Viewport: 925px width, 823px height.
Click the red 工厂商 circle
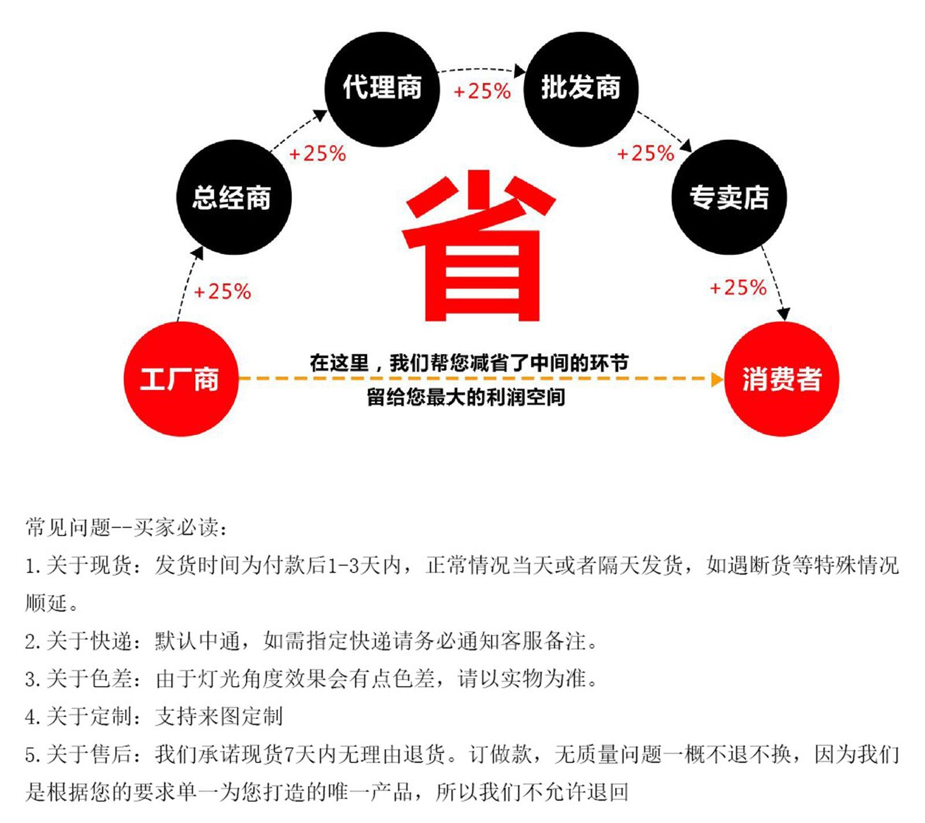coord(181,379)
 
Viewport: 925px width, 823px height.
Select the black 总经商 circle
coord(234,197)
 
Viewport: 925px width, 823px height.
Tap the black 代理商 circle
coord(382,88)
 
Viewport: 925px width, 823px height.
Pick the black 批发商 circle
coord(580,88)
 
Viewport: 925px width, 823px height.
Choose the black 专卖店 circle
coord(729,197)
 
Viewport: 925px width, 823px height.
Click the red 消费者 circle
coord(781,379)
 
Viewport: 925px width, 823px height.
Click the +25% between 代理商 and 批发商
coord(482,91)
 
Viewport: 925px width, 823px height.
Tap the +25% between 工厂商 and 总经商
coord(223,291)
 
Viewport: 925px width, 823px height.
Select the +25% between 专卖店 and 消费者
coord(738,287)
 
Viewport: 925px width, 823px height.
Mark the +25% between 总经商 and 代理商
coord(317,153)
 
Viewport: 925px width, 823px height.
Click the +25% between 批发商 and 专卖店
coord(646,153)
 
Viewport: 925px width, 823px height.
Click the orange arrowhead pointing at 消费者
coord(717,379)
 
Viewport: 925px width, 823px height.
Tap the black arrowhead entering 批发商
coord(520,71)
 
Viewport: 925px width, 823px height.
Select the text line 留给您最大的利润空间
coord(466,398)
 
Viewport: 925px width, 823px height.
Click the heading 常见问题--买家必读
coord(127,527)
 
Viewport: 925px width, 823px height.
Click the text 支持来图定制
coord(219,717)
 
